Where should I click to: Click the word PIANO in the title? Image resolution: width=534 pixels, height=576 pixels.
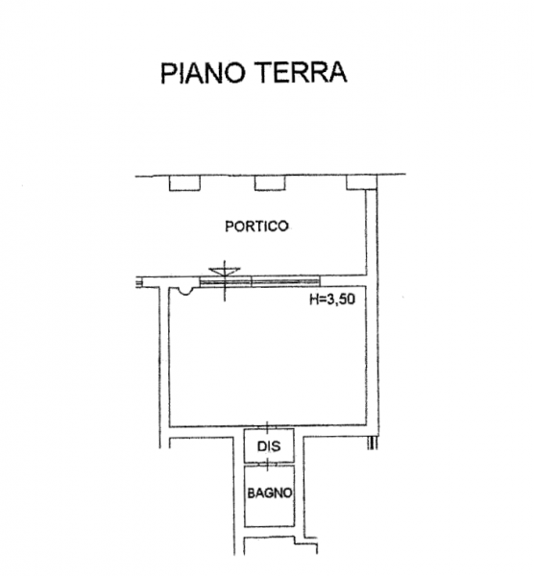click(203, 72)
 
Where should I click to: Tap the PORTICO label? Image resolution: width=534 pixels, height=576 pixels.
click(256, 227)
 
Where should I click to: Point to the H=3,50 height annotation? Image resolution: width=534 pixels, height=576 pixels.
click(332, 300)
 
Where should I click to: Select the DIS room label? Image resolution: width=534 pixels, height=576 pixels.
click(269, 446)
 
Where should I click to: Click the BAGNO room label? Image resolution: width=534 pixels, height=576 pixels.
click(270, 493)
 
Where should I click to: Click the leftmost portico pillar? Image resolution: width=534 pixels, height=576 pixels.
click(184, 183)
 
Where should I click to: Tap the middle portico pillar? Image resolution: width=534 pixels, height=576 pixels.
click(270, 183)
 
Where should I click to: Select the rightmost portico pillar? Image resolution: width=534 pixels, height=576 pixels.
click(362, 182)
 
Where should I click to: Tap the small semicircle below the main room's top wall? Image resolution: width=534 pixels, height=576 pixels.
click(183, 291)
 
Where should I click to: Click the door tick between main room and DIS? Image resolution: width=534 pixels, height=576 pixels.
click(267, 427)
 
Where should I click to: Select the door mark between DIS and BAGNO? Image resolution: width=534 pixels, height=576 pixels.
click(268, 465)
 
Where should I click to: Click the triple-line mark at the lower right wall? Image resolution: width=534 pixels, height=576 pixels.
click(373, 443)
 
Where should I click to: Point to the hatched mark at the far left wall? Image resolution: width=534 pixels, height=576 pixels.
click(139, 283)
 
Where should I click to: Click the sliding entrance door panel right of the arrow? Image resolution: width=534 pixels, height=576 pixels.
click(285, 281)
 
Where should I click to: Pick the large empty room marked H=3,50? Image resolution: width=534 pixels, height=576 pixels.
click(268, 356)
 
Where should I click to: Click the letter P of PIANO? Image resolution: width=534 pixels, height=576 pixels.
click(168, 73)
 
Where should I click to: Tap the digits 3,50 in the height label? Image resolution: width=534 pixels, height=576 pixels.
click(341, 300)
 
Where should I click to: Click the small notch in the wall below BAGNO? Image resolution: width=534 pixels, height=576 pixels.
click(305, 540)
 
